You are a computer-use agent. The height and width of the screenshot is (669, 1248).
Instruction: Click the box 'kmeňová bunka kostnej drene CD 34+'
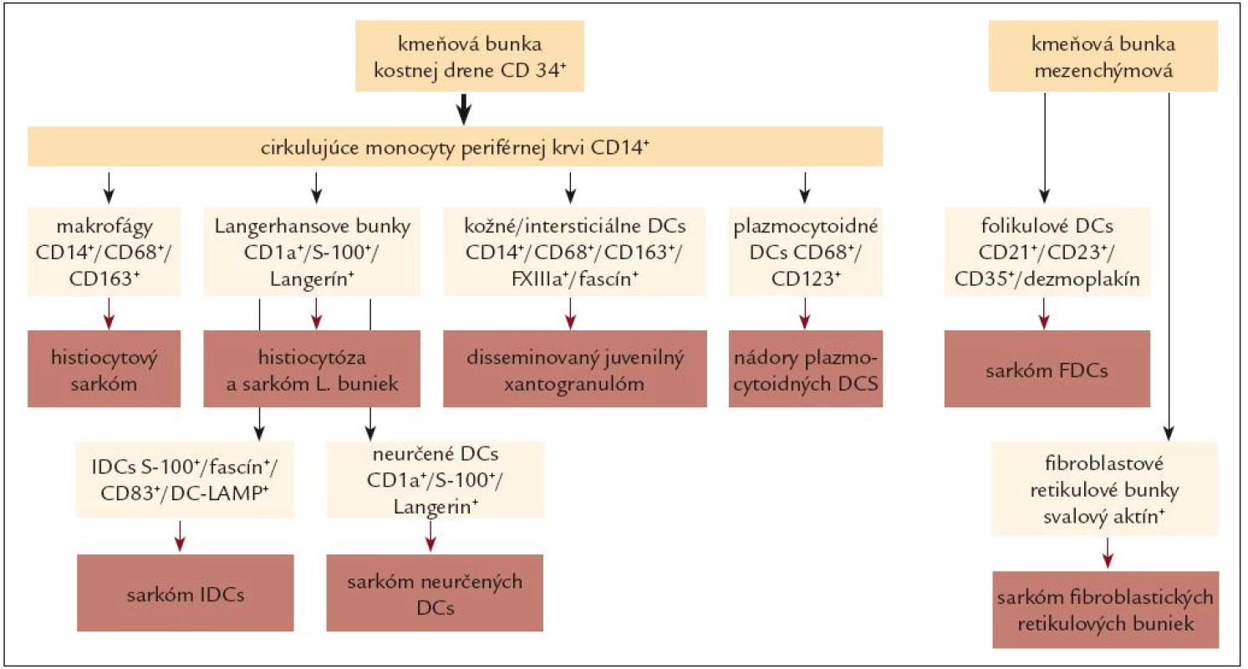pos(470,56)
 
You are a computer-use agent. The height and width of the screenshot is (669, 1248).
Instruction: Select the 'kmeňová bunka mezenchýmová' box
pos(1103,56)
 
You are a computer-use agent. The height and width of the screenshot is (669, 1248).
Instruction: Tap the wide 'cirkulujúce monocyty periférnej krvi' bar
pos(456,146)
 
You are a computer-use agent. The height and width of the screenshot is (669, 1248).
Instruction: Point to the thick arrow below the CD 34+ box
pos(464,109)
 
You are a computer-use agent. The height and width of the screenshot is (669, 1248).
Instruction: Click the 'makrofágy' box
pos(104,252)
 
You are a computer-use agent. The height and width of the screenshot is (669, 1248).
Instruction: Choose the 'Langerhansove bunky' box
pos(312,252)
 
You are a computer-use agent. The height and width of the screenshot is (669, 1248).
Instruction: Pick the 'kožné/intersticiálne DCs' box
pos(574,252)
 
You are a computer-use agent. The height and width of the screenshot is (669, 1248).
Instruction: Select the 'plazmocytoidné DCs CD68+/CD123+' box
pos(806,252)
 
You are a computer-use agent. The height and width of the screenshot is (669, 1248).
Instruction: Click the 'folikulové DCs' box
pos(1047,252)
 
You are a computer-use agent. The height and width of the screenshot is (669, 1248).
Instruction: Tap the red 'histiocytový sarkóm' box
pos(104,369)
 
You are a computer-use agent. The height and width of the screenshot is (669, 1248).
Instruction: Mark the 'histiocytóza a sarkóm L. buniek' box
pos(312,369)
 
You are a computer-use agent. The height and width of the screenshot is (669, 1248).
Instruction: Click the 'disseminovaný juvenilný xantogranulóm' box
pos(575,369)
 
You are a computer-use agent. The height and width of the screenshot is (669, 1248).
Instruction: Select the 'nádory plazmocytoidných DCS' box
pos(806,369)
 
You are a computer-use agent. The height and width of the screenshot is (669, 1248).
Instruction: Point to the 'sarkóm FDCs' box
pos(1047,369)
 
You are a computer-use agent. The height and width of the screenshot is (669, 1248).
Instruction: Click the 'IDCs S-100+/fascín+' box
pos(185,480)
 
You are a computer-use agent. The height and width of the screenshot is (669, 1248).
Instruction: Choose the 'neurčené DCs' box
pos(436,480)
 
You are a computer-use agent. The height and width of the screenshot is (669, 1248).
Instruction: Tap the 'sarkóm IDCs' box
pos(186,593)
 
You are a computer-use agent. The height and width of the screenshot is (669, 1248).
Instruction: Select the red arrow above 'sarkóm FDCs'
pos(1044,314)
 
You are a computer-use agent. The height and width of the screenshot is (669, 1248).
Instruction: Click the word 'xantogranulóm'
pos(574,384)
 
